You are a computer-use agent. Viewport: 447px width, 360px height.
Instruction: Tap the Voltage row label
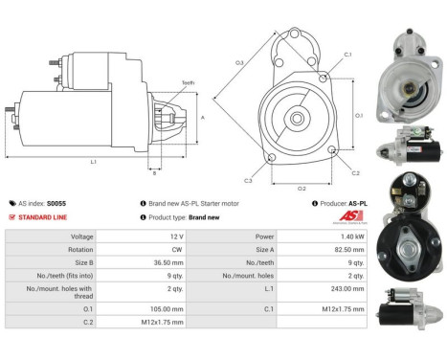(x=81, y=236)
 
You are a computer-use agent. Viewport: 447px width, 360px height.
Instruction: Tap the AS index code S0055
(x=56, y=203)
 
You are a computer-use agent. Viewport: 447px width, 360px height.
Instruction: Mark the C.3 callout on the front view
(x=248, y=180)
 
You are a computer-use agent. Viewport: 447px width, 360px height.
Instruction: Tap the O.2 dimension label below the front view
(x=302, y=189)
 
